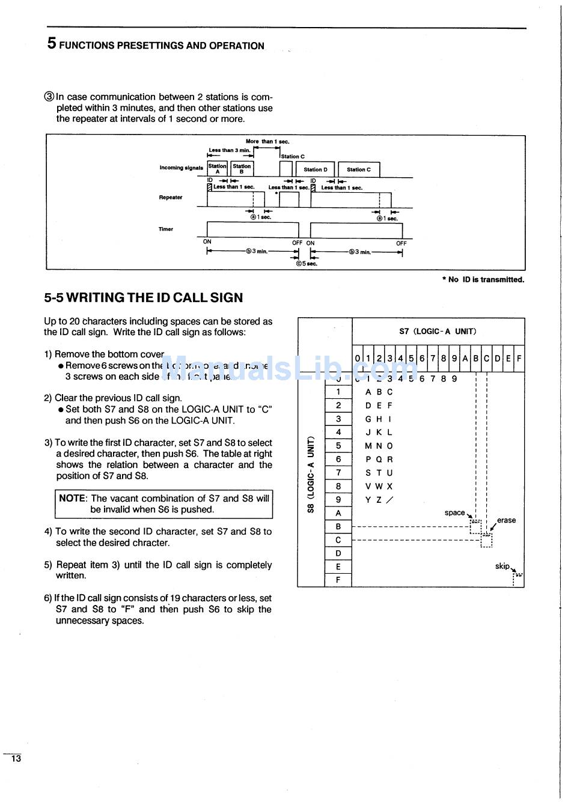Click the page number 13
(16, 758)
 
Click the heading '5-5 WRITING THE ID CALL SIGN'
(143, 297)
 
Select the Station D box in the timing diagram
(316, 169)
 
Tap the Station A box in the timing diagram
(217, 169)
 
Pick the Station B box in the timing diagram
(242, 169)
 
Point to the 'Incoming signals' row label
(181, 168)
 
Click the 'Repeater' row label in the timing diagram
(171, 197)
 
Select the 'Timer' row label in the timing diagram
(166, 229)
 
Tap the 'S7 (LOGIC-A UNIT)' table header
(438, 331)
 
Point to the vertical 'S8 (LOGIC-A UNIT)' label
(311, 474)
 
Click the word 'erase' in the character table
(506, 520)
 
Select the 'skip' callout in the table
(502, 566)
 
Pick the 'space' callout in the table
(454, 512)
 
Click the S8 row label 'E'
(338, 567)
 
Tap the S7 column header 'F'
(519, 359)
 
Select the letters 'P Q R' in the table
(379, 460)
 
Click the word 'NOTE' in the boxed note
(72, 498)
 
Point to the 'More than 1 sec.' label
(267, 142)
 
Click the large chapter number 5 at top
(52, 43)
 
